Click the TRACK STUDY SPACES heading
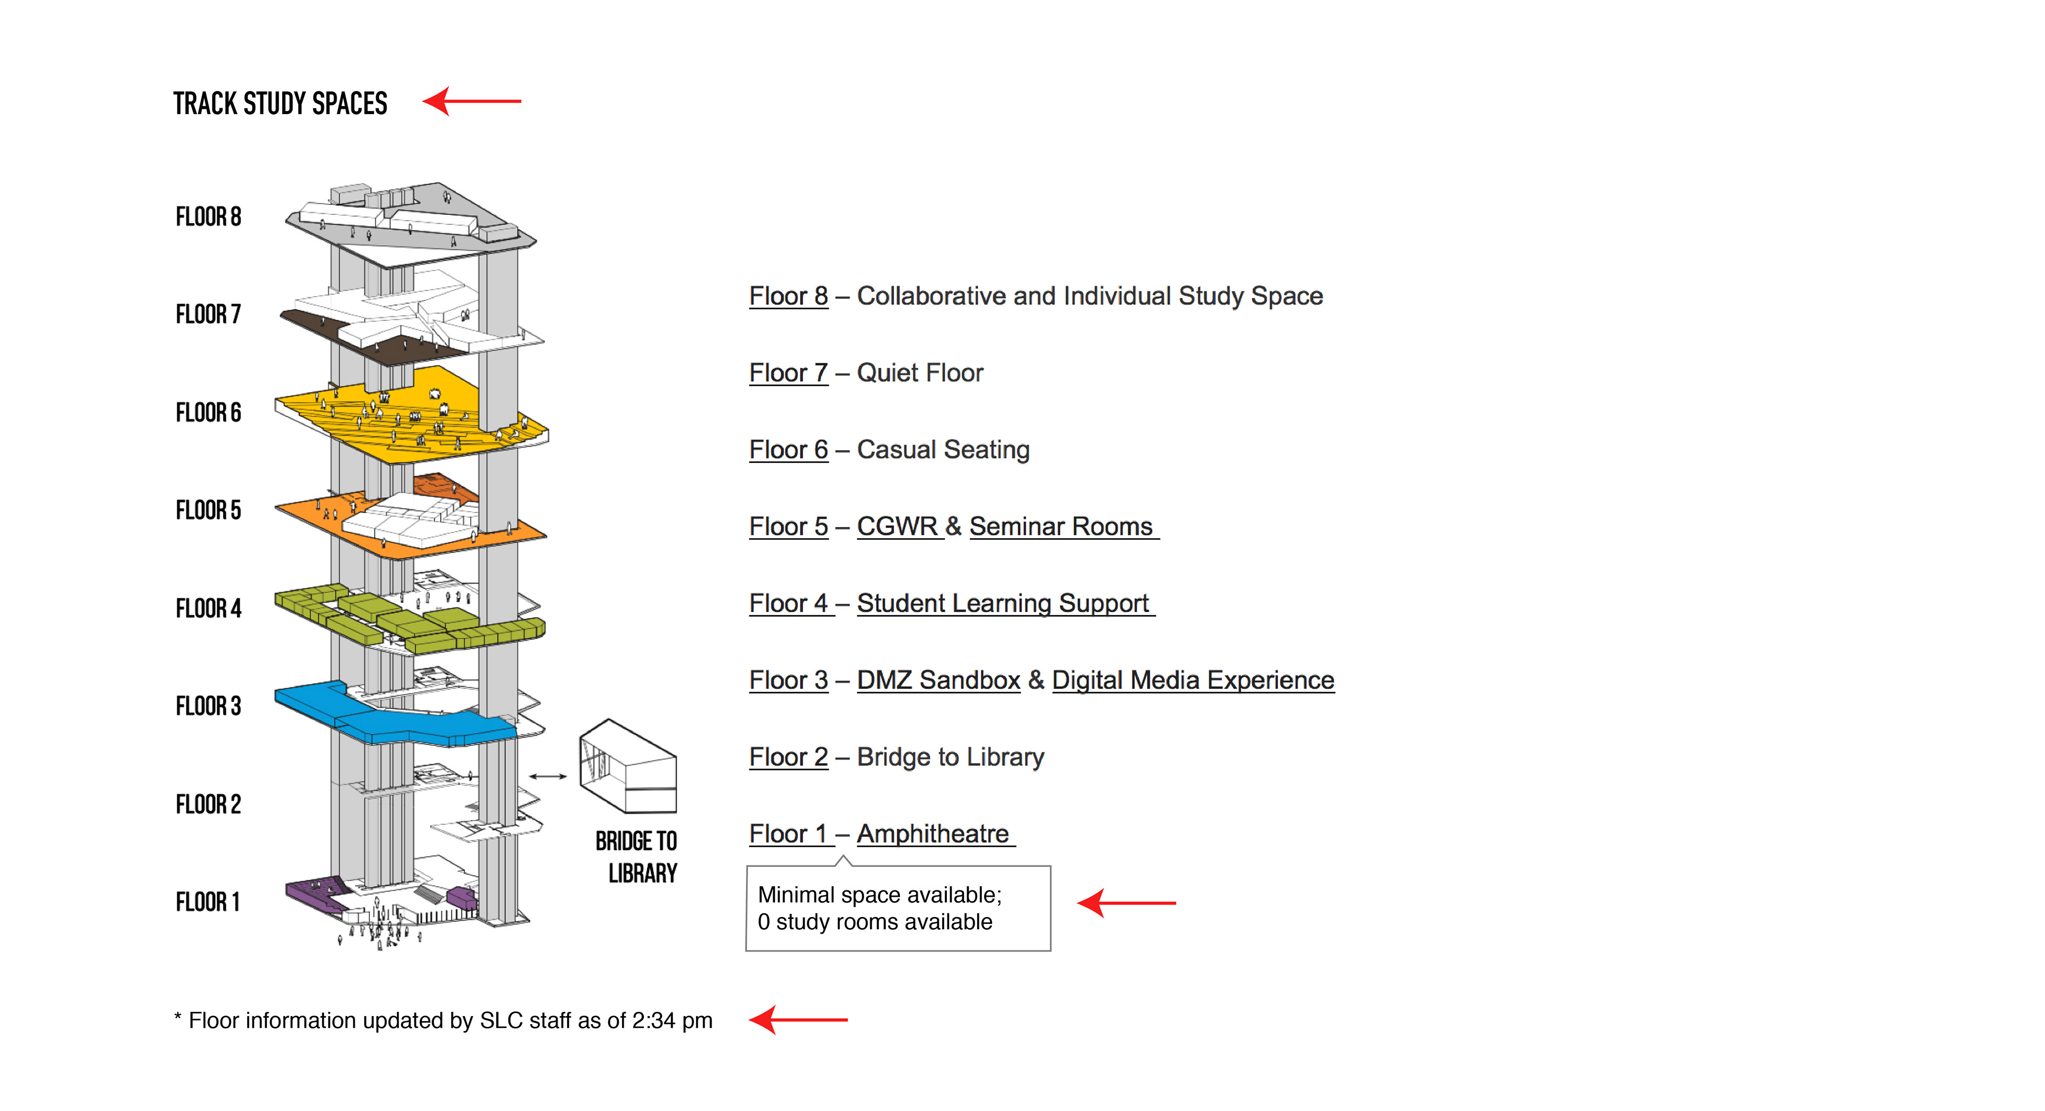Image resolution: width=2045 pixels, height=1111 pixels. [280, 103]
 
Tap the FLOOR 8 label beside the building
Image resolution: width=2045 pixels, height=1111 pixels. [208, 217]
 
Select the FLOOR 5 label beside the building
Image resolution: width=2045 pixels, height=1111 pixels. [208, 510]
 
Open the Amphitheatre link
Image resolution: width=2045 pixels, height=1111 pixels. [933, 834]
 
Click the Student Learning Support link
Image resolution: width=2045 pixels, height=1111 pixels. [1003, 604]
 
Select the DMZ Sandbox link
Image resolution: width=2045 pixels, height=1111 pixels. [938, 680]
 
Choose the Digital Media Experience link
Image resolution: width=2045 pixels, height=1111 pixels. [1193, 680]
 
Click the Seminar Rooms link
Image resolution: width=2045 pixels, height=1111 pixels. [1061, 526]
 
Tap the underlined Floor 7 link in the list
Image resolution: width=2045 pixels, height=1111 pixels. [788, 372]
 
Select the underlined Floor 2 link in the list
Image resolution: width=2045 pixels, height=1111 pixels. [788, 757]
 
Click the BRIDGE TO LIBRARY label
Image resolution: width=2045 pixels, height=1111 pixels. [637, 857]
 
